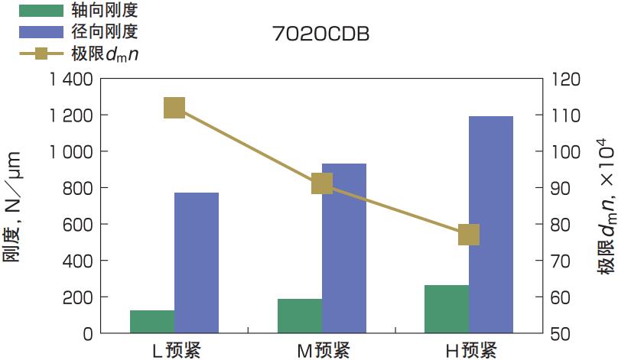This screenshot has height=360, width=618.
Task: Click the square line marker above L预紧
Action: click(174, 108)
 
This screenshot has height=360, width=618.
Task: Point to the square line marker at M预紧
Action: click(322, 183)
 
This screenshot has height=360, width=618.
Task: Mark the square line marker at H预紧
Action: click(469, 235)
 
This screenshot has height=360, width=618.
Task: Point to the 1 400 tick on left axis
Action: click(70, 79)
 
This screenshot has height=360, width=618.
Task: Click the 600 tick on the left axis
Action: click(79, 224)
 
